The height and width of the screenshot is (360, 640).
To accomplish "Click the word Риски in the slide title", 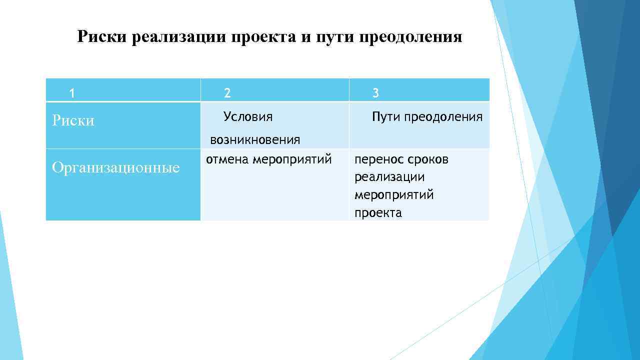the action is [x=102, y=37].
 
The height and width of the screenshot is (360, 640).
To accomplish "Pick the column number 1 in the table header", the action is [x=72, y=93].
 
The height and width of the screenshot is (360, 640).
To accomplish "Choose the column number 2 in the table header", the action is [x=227, y=93].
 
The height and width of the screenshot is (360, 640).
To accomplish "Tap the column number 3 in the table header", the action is [x=376, y=93].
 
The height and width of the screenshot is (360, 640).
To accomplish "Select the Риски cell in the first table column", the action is [x=73, y=121].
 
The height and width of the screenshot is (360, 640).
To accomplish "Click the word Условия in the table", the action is [x=248, y=117].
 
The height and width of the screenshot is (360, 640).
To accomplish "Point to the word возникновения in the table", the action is [x=255, y=140].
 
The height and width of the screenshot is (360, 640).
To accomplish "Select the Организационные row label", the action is [x=115, y=167].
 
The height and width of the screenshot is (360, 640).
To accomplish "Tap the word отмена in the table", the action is [x=227, y=159].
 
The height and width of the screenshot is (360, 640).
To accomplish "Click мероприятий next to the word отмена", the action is [x=292, y=160].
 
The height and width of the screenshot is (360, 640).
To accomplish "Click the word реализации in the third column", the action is [x=389, y=177].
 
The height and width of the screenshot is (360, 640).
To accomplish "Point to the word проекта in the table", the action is [x=378, y=213].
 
